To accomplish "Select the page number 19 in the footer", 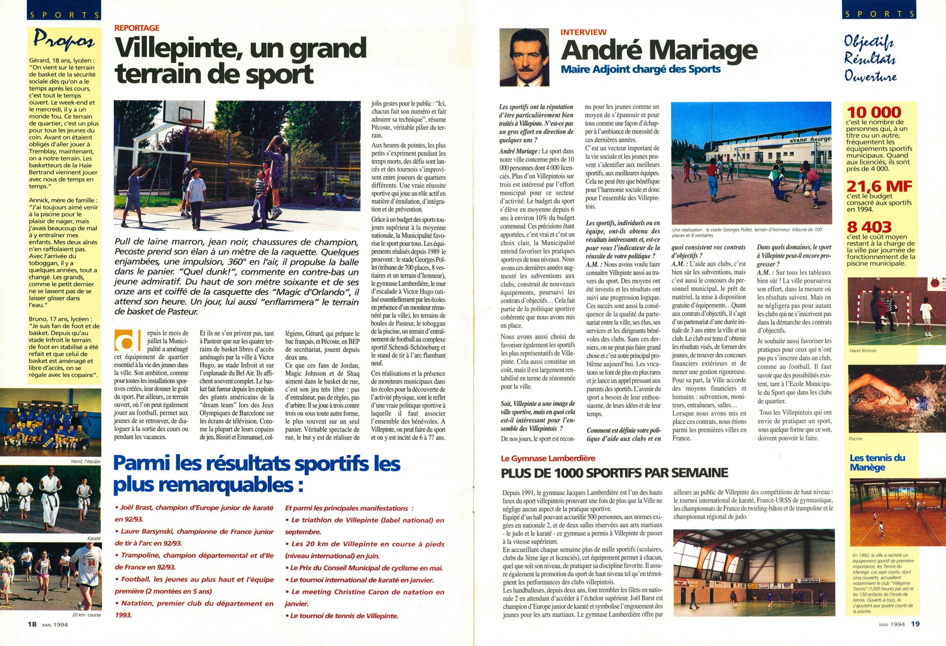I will tap(911, 635).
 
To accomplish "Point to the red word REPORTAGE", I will tap(137, 28).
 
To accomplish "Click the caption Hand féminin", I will tap(860, 350).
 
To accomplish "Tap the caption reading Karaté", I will tap(93, 538).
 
